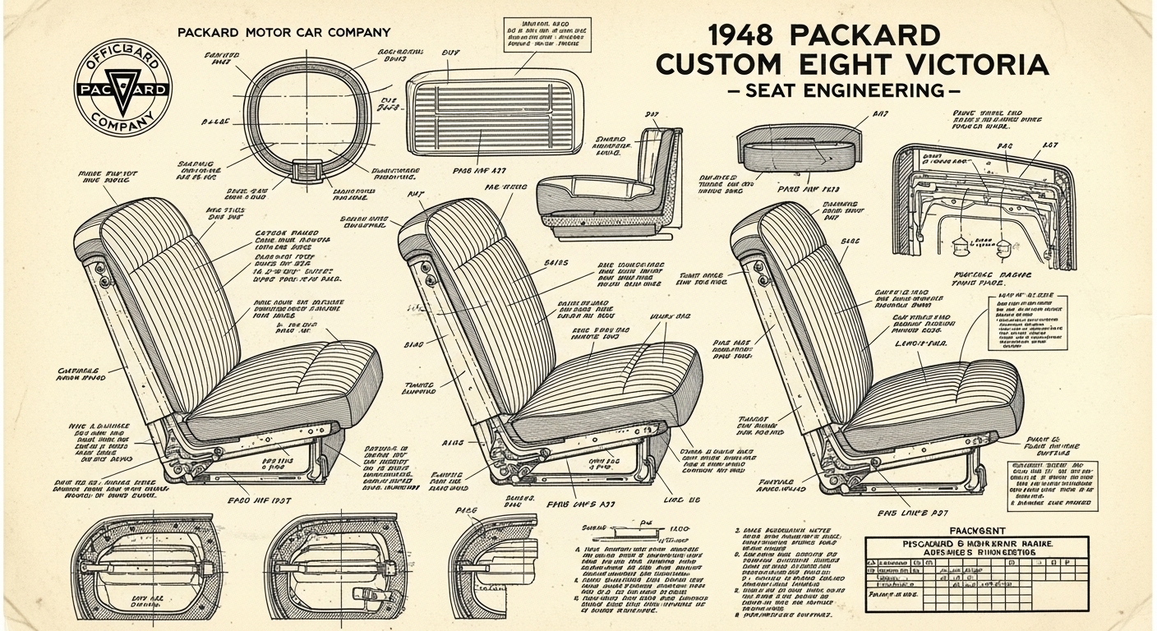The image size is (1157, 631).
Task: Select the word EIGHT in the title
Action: [x=830, y=64]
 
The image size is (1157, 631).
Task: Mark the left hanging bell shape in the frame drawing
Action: [x=959, y=244]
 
